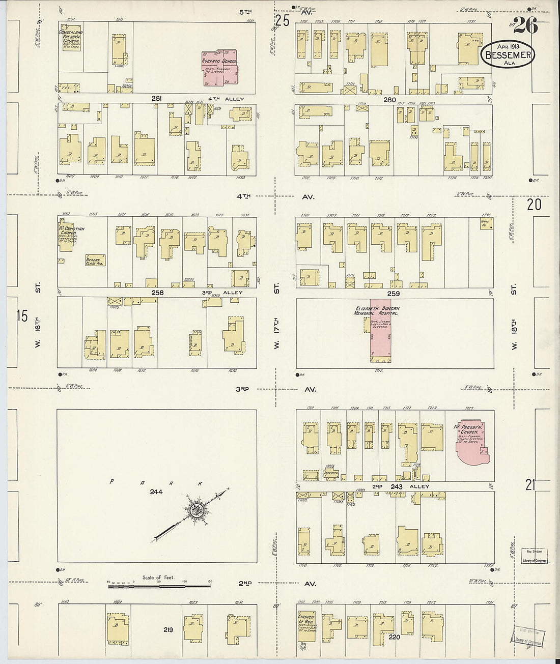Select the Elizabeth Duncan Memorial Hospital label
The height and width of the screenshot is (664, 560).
377,311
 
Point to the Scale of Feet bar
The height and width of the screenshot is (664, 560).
159,586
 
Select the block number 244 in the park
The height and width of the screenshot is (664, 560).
156,492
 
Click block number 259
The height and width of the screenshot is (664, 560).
394,294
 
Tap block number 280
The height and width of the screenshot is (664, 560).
389,100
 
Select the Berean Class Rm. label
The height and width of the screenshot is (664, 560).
93,262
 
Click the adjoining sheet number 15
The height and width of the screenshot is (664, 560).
21,316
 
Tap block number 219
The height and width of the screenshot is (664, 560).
168,630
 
